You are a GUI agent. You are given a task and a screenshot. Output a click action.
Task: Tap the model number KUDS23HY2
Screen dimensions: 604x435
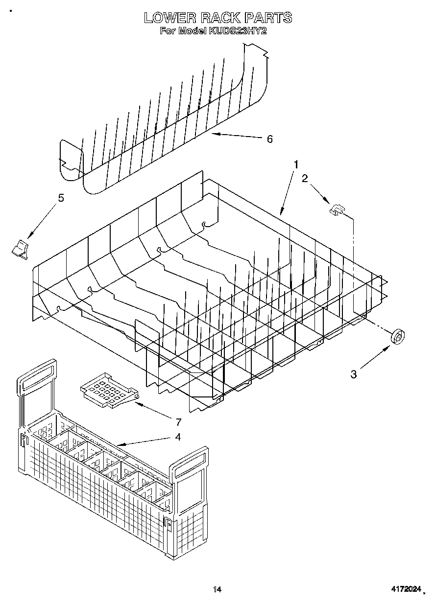237,30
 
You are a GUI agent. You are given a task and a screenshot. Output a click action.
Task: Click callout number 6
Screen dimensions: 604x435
269,139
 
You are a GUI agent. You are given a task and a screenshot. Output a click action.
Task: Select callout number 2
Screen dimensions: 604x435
305,179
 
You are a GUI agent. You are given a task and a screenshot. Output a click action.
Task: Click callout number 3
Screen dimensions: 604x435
354,374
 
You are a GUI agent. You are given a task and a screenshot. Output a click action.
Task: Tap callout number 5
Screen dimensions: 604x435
61,198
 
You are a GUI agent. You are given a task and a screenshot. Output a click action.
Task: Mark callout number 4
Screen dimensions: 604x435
178,437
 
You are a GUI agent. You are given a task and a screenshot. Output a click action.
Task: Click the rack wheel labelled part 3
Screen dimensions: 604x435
398,337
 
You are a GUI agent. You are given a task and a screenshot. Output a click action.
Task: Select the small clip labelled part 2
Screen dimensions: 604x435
336,209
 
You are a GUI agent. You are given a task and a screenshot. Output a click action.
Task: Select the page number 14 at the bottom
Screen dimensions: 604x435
217,589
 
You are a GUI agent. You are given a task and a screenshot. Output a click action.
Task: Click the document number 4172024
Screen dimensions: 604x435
406,590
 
